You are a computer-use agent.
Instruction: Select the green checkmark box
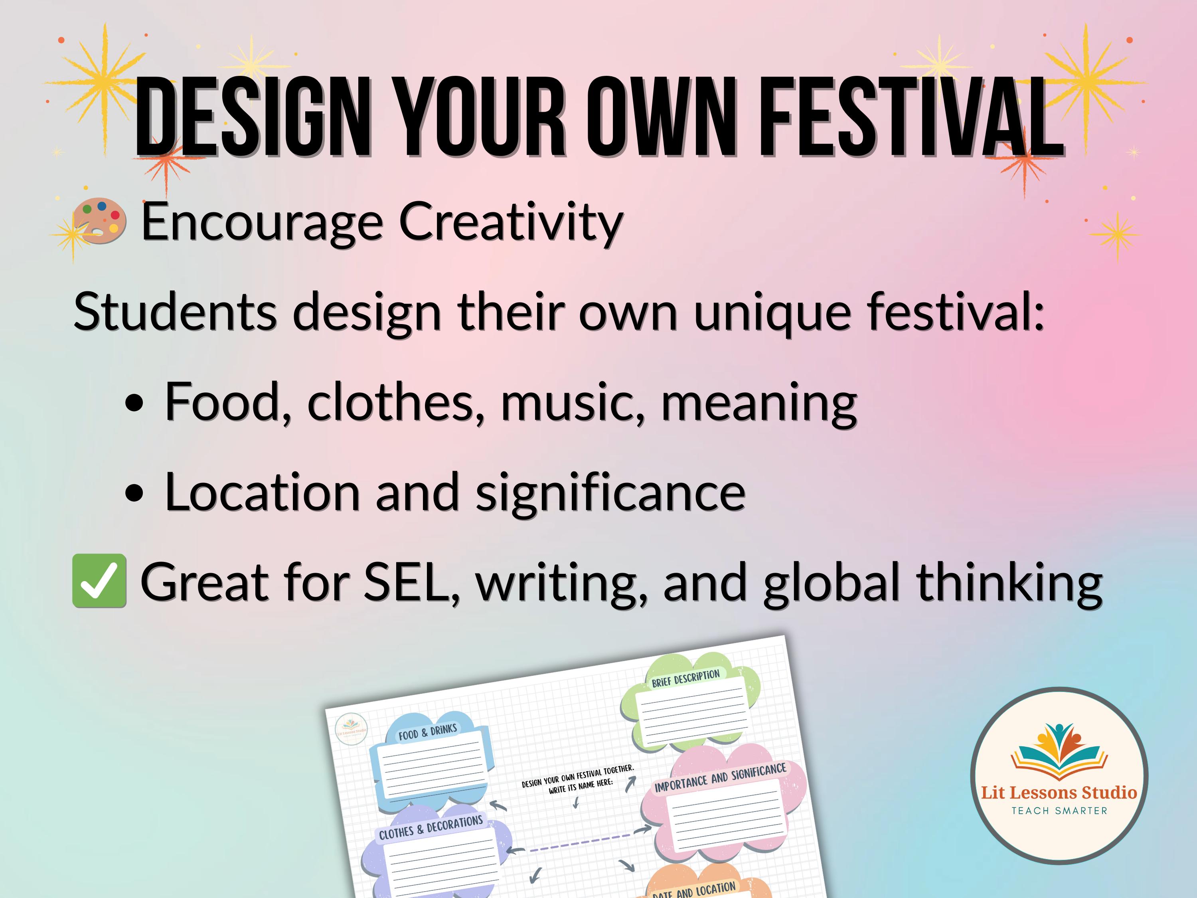99,581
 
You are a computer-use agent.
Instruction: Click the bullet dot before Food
134,403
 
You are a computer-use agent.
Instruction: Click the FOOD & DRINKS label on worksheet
427,732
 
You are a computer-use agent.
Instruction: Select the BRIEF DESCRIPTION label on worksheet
685,678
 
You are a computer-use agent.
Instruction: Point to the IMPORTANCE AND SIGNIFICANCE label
720,778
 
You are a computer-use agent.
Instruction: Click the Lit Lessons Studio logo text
1059,793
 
